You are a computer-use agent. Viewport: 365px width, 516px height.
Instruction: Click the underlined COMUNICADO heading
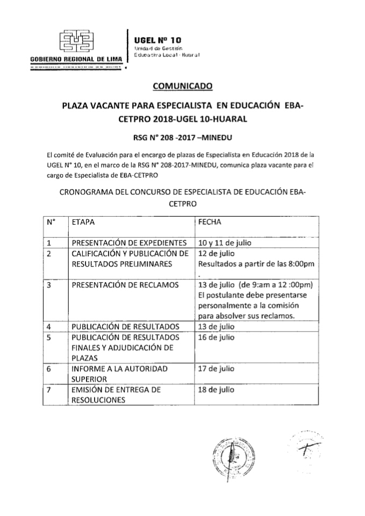click(183, 85)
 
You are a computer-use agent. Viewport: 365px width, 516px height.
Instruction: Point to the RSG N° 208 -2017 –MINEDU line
click(182, 136)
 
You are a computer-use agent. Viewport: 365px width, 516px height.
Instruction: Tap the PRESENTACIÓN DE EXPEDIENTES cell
click(129, 242)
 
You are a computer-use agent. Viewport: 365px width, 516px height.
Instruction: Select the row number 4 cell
click(49, 326)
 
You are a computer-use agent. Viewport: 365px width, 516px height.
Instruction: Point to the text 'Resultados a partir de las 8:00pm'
click(256, 264)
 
